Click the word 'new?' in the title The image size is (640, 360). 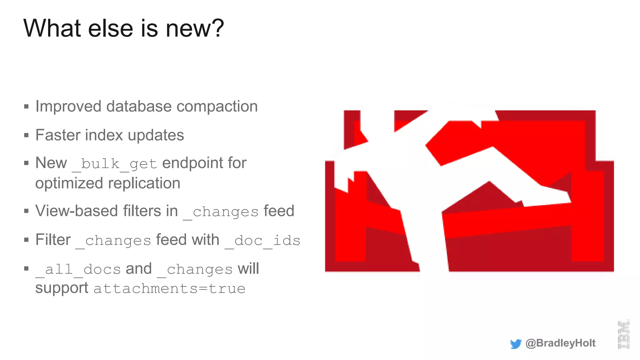195,28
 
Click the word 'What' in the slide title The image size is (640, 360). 52,28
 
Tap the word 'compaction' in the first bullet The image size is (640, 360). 217,107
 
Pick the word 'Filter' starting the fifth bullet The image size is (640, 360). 53,240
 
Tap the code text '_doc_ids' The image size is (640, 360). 262,241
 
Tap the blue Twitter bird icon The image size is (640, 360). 516,344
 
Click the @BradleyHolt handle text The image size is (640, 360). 560,343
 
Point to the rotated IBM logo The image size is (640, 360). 623,334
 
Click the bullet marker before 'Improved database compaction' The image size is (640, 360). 27,107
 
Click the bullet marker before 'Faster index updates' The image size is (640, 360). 27,136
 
